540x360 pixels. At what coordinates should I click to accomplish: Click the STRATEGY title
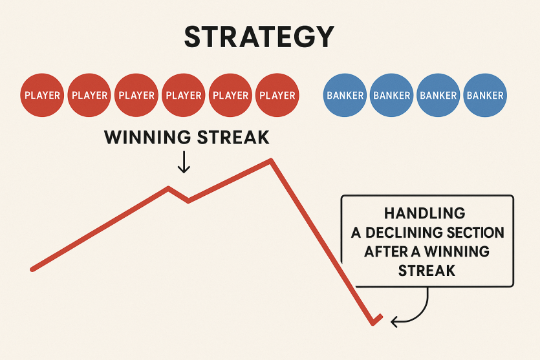click(259, 36)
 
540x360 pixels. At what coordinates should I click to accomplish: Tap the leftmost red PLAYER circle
click(42, 95)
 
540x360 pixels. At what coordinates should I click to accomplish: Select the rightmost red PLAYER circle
click(277, 95)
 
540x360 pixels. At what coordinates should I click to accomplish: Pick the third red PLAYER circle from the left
click(136, 95)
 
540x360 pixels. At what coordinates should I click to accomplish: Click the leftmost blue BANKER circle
click(345, 95)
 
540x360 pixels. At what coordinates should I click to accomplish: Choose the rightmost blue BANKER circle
click(485, 95)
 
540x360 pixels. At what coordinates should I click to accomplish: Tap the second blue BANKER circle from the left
click(391, 95)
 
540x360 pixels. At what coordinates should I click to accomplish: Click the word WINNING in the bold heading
click(147, 137)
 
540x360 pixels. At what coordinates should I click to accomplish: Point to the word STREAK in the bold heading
click(233, 137)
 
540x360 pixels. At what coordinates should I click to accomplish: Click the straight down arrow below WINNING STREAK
click(184, 162)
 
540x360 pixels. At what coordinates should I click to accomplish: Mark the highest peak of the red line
click(272, 160)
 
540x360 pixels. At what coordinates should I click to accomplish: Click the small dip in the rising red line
click(188, 201)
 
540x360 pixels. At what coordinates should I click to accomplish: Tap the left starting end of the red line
click(32, 269)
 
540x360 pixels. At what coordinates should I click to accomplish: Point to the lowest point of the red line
click(373, 324)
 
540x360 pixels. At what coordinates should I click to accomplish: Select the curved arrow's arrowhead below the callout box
click(394, 322)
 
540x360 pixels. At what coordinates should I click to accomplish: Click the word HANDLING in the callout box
click(425, 213)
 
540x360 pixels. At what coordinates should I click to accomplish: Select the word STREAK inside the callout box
click(427, 271)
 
